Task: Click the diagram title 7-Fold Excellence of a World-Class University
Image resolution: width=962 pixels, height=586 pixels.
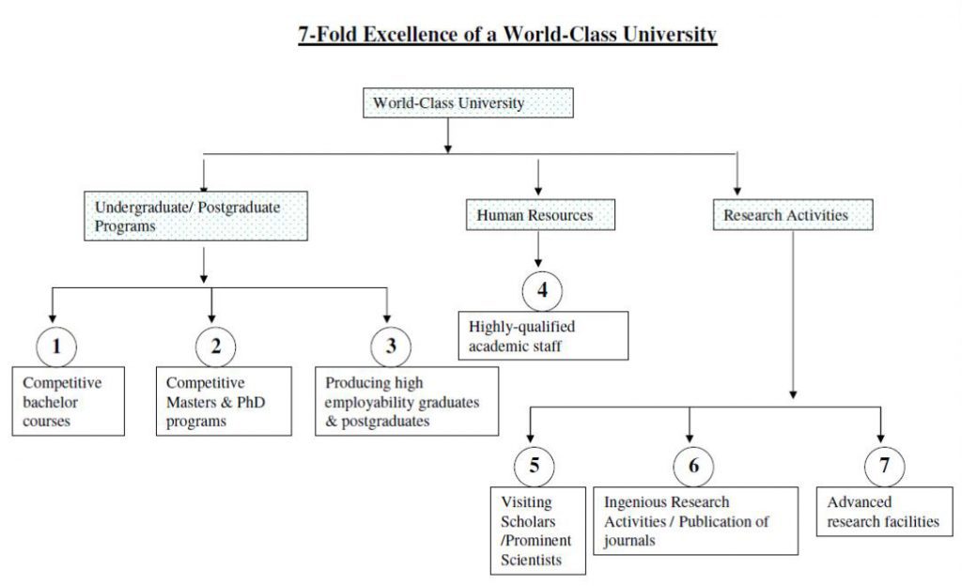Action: [x=507, y=35]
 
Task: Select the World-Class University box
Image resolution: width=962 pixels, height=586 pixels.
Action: [x=468, y=103]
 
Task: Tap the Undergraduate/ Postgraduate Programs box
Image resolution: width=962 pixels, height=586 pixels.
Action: [x=195, y=216]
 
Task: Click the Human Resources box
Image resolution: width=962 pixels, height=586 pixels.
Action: [x=540, y=214]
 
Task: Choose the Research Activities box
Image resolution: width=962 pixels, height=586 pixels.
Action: [x=793, y=214]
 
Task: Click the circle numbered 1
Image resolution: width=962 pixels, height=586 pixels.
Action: [x=56, y=347]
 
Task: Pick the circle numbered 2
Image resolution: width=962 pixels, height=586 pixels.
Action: [x=216, y=347]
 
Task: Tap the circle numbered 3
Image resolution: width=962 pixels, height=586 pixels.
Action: [x=391, y=347]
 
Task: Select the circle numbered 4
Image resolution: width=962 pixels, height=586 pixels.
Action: [x=542, y=291]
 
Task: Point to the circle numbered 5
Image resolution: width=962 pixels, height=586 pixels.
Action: [x=535, y=467]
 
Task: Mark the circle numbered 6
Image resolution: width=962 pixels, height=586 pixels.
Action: [x=693, y=467]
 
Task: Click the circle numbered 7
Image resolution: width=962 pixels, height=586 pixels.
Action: [x=884, y=467]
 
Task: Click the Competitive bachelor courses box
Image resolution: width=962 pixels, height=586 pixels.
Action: [x=68, y=402]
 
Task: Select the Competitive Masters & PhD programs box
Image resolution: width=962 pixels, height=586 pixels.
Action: [x=224, y=402]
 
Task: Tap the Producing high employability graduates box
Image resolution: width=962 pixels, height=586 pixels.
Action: [x=407, y=402]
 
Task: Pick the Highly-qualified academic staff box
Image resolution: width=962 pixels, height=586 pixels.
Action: [x=543, y=335]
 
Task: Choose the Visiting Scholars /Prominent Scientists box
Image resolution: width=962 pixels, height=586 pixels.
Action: [x=538, y=531]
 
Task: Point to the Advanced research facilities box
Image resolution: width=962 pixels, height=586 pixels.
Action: [x=885, y=512]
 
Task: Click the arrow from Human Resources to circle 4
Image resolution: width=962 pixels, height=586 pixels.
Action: [x=538, y=249]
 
